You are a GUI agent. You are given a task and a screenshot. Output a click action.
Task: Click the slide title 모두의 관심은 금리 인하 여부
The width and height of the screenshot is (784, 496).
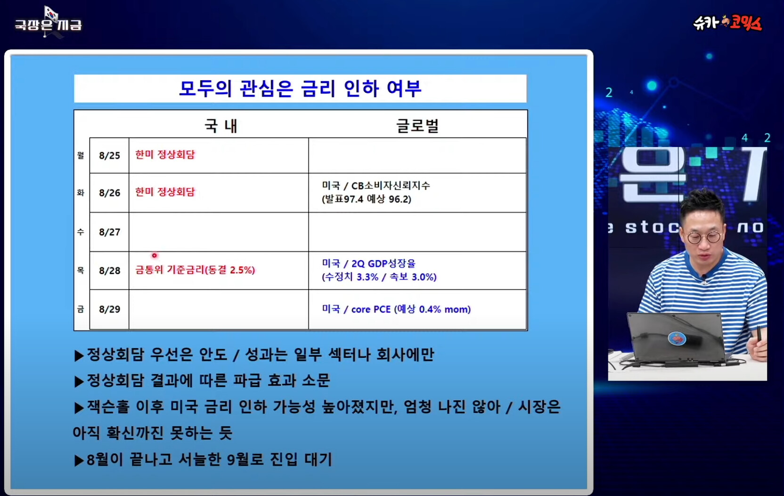(300, 88)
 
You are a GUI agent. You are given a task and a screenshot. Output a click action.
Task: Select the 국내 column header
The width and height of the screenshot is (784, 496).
(221, 125)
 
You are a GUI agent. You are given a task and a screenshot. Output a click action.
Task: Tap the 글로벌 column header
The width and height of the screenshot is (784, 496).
(417, 125)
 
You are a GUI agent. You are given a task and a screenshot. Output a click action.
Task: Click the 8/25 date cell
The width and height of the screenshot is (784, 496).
(109, 155)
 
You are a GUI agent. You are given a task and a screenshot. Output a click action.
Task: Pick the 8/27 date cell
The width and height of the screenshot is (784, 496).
(109, 232)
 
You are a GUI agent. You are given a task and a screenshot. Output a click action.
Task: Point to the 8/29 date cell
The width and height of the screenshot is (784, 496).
(109, 309)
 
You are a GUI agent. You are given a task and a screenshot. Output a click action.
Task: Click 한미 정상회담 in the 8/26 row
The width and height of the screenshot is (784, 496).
(165, 192)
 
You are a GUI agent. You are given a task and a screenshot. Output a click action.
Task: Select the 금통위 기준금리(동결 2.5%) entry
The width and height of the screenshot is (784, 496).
(195, 270)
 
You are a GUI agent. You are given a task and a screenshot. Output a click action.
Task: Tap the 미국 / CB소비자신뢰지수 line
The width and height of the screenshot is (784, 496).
(376, 185)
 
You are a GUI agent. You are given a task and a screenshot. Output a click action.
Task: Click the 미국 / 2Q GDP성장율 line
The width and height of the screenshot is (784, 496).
(368, 263)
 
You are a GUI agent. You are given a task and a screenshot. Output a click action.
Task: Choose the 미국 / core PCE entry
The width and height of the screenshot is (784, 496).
(396, 309)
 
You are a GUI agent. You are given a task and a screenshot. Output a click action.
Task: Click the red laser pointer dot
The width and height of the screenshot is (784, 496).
(155, 256)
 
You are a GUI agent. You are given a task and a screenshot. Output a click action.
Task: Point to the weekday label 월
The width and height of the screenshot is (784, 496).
(81, 155)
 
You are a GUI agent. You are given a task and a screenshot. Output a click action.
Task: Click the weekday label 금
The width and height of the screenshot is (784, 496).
(81, 309)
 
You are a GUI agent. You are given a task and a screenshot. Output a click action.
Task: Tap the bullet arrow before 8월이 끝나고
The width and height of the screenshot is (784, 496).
(79, 460)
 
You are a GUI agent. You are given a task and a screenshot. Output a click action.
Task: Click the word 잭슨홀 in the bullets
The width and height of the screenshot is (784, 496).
(108, 407)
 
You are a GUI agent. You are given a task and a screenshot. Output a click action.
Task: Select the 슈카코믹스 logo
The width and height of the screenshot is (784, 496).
(727, 23)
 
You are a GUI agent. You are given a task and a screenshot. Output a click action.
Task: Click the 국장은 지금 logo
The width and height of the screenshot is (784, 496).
(49, 22)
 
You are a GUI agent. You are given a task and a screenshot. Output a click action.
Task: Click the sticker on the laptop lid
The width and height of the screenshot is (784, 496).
(677, 339)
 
